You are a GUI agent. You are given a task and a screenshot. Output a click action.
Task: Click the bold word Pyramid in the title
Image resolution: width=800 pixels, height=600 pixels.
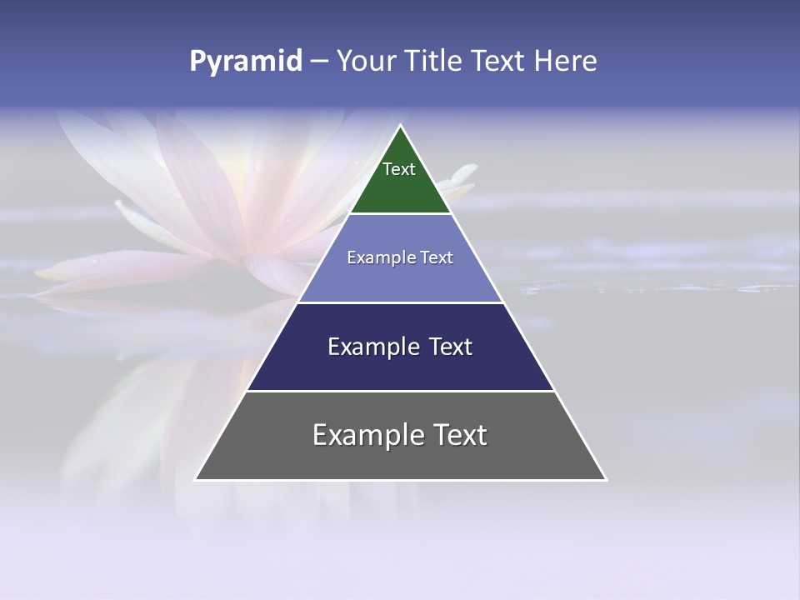pos(246,62)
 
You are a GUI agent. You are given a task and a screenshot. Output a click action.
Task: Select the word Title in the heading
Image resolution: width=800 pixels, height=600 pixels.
pos(440,62)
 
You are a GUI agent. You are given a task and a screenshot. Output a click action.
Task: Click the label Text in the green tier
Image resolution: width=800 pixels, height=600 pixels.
pos(399,169)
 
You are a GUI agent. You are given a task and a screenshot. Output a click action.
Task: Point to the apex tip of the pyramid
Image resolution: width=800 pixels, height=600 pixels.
pos(400,127)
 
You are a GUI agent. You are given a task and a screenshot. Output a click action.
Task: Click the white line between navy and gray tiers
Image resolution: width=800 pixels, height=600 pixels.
pos(400,391)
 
